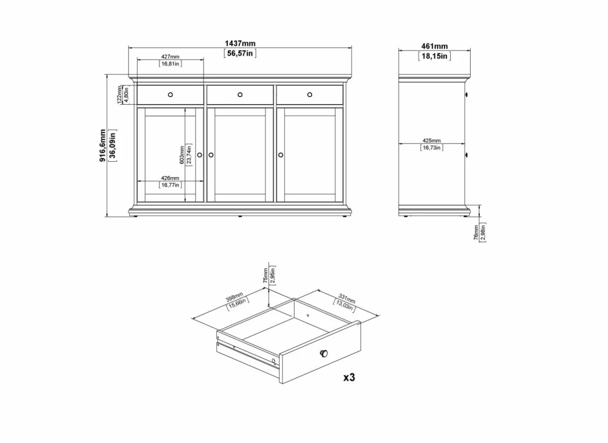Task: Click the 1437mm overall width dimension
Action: pyautogui.click(x=240, y=43)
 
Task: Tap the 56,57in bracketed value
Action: pyautogui.click(x=240, y=53)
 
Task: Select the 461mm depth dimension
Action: pyautogui.click(x=434, y=46)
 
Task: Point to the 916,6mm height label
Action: pyautogui.click(x=103, y=145)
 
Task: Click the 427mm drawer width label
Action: pyautogui.click(x=170, y=57)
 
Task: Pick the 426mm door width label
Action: pyautogui.click(x=170, y=178)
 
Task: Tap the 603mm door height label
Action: pyautogui.click(x=182, y=155)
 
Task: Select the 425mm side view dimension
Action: pyautogui.click(x=431, y=141)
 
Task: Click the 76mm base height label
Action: pyautogui.click(x=476, y=233)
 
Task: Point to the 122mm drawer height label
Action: pyautogui.click(x=119, y=94)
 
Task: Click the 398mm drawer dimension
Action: pyautogui.click(x=235, y=298)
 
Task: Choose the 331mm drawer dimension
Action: pyautogui.click(x=346, y=298)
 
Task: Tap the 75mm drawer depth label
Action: pyautogui.click(x=266, y=276)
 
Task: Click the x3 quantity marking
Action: pyautogui.click(x=349, y=377)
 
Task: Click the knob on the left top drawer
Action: pyautogui.click(x=170, y=94)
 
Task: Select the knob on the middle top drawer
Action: pyautogui.click(x=240, y=94)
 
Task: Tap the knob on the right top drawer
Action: pyautogui.click(x=310, y=94)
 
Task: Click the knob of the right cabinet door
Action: pyautogui.click(x=281, y=155)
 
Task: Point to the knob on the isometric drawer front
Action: pyautogui.click(x=324, y=354)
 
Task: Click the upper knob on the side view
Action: pyautogui.click(x=466, y=94)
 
